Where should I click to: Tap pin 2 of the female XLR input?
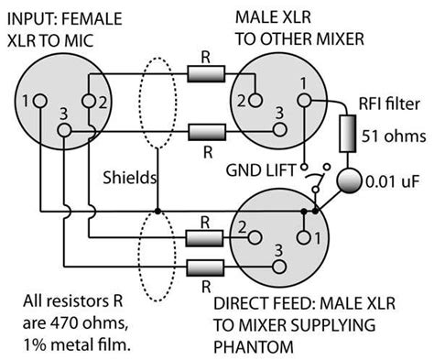89,100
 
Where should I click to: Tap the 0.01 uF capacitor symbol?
350,180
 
